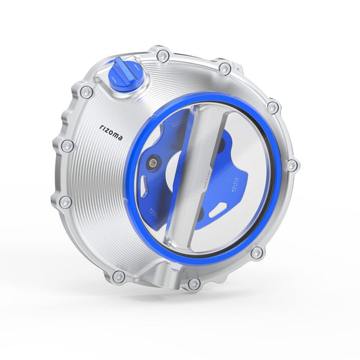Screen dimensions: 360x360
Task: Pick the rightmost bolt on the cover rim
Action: pos(292,165)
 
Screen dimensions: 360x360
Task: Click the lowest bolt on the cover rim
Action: pos(194,284)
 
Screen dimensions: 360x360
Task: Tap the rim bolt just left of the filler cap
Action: pos(86,92)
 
